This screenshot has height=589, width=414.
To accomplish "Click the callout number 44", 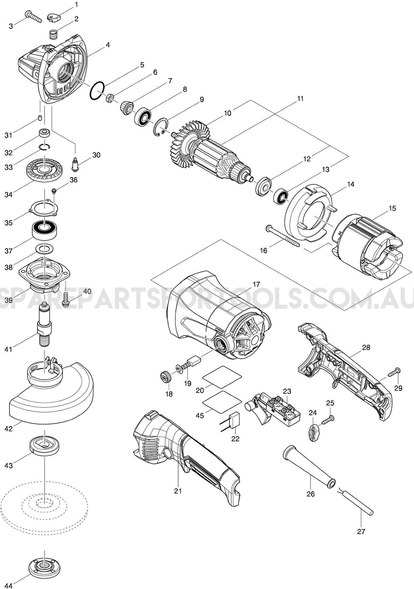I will coord(9,586).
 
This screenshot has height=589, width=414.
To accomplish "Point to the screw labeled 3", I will coord(34,16).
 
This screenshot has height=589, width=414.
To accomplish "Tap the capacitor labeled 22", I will coord(235,418).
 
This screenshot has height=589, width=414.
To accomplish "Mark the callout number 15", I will coord(392,209).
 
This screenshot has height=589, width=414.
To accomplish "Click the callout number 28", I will coord(366,348).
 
